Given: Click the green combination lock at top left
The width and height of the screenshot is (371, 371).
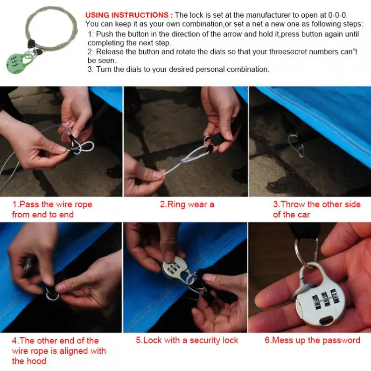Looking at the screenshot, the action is click(x=16, y=63).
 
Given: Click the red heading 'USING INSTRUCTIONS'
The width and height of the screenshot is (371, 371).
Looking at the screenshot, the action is click(x=127, y=15).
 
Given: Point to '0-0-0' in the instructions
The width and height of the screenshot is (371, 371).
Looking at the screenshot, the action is click(x=337, y=15).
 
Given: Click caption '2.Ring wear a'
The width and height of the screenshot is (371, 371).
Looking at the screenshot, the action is click(x=187, y=204).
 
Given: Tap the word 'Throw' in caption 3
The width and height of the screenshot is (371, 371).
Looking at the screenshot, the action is click(x=294, y=204).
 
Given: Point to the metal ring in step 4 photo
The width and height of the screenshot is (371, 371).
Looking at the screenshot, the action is click(x=52, y=296).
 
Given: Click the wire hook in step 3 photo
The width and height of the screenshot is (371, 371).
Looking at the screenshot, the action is click(x=296, y=145).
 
